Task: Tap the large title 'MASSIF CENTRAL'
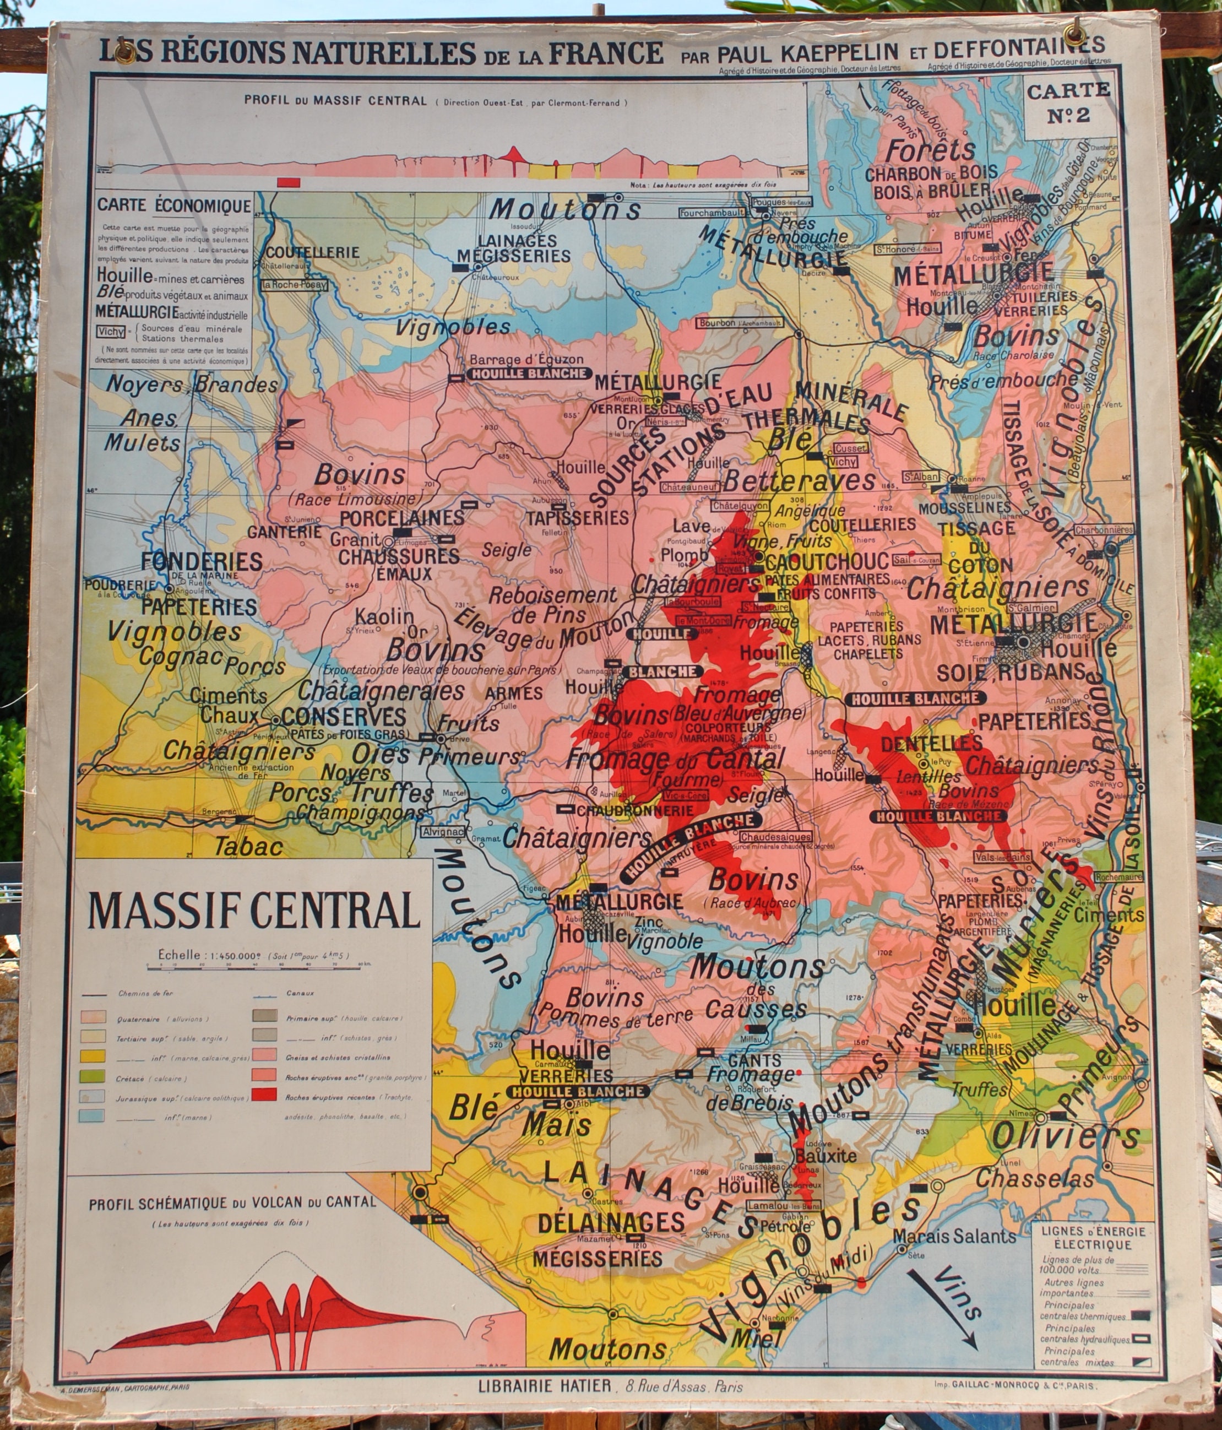[x=254, y=911]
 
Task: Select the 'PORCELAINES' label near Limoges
[x=402, y=518]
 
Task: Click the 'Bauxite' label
[x=825, y=1155]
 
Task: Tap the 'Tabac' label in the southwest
[x=248, y=846]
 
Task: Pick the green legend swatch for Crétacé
[x=92, y=1076]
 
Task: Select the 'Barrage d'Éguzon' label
[x=526, y=359]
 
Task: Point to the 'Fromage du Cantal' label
[x=674, y=760]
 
